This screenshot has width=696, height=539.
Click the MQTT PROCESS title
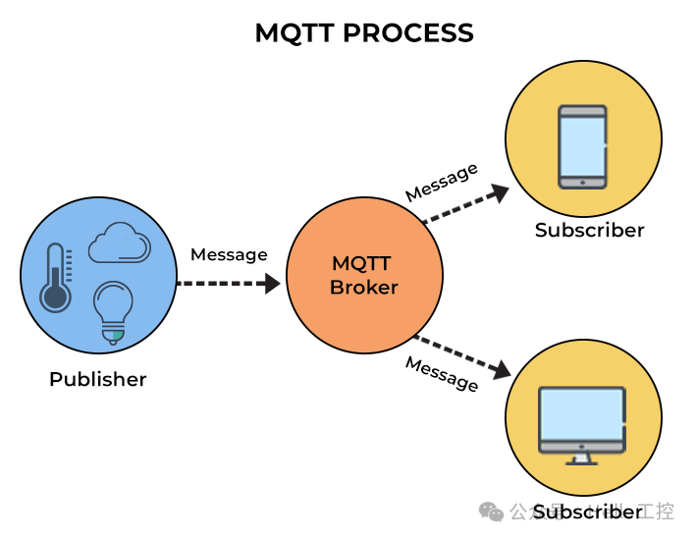click(364, 32)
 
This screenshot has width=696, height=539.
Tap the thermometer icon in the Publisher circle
click(55, 278)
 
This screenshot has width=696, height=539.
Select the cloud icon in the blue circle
click(120, 243)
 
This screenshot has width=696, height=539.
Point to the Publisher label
click(97, 379)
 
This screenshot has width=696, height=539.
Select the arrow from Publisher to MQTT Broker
click(228, 284)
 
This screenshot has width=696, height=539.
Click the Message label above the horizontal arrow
click(229, 255)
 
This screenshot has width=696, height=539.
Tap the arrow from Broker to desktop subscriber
click(462, 356)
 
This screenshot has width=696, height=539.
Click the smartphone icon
click(582, 147)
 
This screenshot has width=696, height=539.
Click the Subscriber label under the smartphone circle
click(589, 231)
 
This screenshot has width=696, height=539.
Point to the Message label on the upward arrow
click(442, 183)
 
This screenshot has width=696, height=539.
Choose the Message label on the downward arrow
click(442, 374)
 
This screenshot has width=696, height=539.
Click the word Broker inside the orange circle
click(364, 288)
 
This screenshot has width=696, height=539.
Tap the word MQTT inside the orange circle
click(361, 264)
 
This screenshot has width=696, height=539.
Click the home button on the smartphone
click(582, 182)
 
